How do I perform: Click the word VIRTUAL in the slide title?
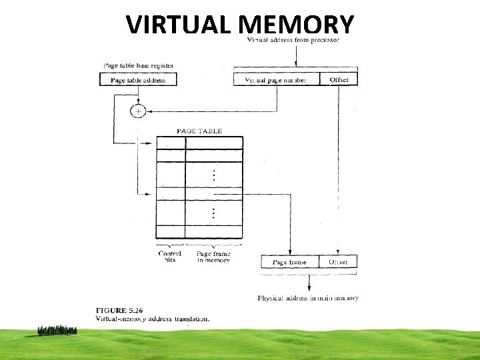178,25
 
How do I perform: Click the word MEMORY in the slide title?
296,25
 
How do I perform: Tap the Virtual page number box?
276,80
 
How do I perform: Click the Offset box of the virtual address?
339,80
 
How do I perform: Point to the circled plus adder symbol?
137,111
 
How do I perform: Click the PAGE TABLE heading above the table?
199,131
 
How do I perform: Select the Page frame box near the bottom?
290,262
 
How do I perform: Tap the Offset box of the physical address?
338,262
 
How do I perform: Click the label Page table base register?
138,66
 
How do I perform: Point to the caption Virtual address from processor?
293,40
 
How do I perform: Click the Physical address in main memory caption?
308,298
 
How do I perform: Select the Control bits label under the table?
170,257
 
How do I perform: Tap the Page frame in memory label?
213,257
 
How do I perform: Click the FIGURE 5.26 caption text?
125,309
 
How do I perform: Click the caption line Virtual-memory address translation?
153,318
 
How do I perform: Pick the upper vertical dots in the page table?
213,175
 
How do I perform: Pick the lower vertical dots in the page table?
213,213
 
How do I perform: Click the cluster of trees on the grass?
58,330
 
